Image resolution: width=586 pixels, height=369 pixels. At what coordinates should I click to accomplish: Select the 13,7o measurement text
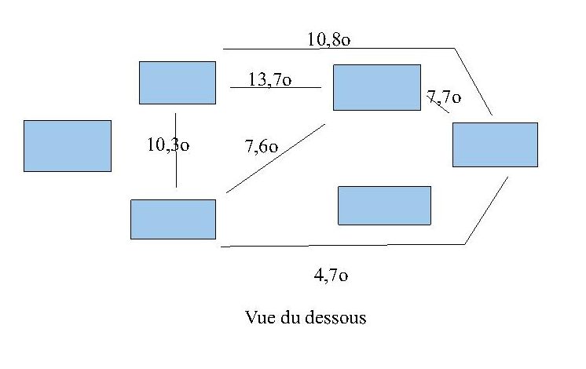click(270, 79)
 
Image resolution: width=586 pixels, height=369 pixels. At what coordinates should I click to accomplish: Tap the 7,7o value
click(443, 97)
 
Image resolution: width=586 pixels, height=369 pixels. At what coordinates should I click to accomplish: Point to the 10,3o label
click(168, 144)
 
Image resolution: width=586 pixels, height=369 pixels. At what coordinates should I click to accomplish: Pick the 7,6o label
click(262, 146)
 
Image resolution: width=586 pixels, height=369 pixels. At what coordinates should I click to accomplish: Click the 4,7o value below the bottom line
click(331, 275)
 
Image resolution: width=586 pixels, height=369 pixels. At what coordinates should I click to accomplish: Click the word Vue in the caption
click(259, 318)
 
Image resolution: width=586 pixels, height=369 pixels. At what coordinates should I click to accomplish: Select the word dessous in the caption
click(340, 318)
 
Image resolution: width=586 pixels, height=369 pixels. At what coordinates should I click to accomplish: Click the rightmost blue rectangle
click(495, 144)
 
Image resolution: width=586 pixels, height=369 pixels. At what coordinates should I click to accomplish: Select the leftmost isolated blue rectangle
click(68, 145)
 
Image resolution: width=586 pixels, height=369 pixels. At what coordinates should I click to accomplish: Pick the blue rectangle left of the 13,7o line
click(177, 82)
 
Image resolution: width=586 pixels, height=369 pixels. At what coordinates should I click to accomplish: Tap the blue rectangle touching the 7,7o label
click(377, 87)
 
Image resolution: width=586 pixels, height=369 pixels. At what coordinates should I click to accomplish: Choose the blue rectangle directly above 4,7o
click(384, 205)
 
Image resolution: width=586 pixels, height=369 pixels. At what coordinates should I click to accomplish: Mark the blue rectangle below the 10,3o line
click(173, 219)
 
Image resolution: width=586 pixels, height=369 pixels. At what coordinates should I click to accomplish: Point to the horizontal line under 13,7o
click(275, 87)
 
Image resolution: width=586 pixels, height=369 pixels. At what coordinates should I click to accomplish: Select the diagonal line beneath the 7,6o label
click(275, 158)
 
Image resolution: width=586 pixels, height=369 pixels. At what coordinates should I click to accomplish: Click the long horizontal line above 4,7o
click(338, 246)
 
